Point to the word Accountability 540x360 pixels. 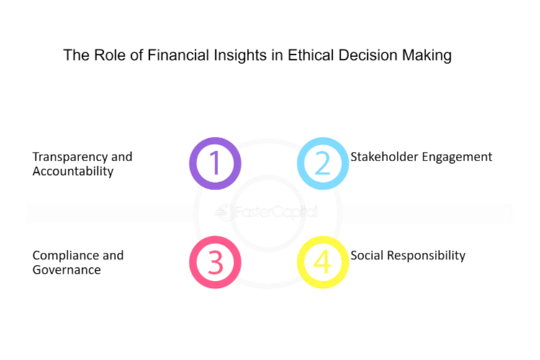click(73, 171)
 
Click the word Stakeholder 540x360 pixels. click(384, 157)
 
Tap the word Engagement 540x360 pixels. click(456, 158)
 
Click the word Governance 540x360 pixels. click(66, 270)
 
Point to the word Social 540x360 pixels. click(366, 256)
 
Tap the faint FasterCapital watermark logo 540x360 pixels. click(266, 212)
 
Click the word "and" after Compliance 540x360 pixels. click(113, 256)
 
